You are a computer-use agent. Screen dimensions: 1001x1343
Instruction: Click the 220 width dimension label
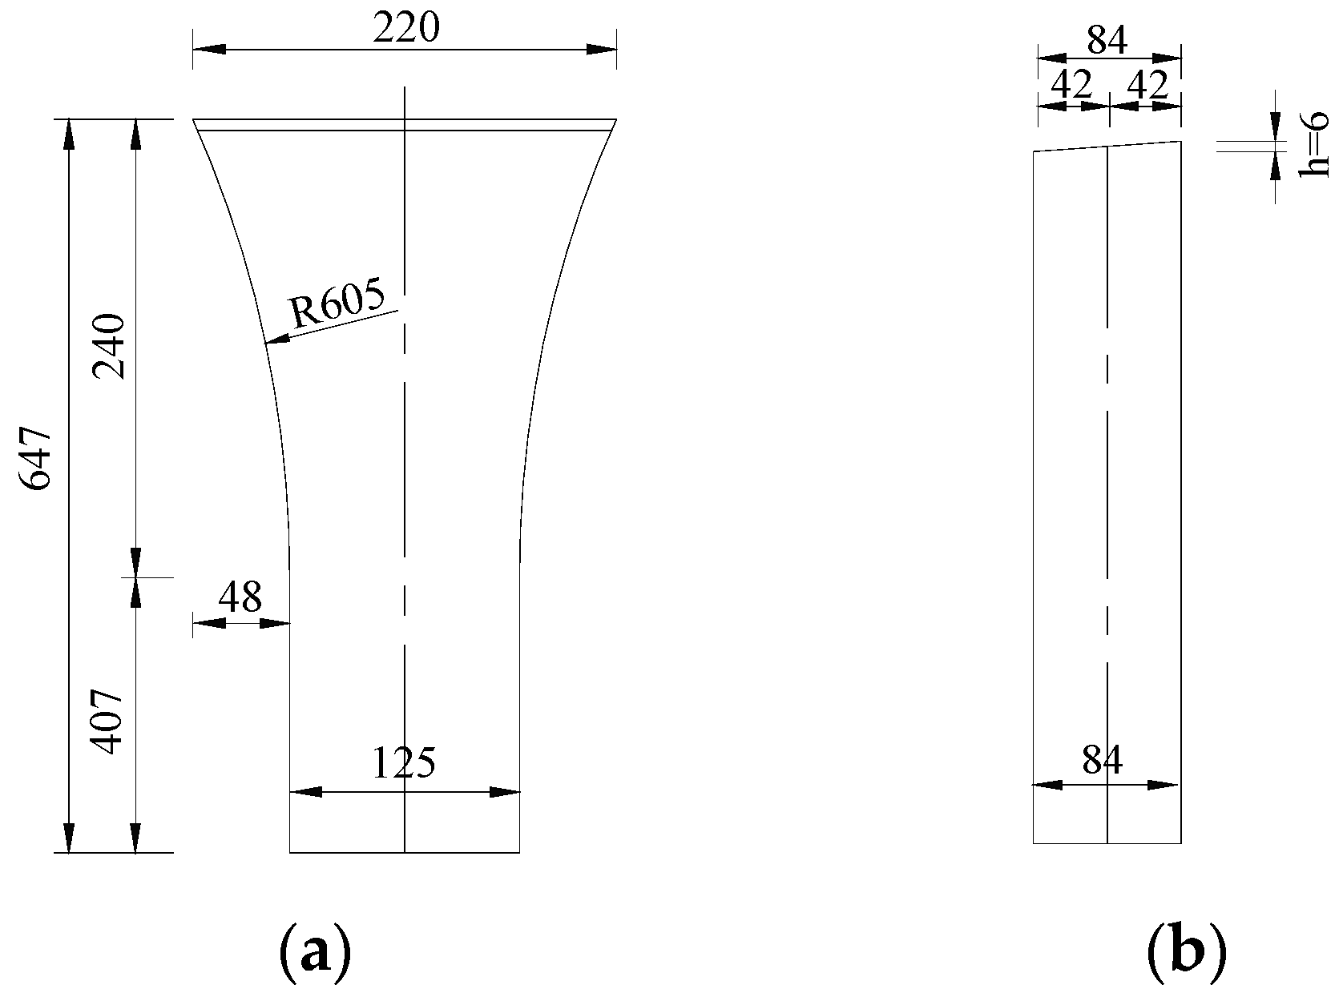click(x=406, y=30)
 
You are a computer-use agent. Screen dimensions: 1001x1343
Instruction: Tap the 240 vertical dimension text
click(x=109, y=347)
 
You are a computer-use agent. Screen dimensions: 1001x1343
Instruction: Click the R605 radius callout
click(x=337, y=304)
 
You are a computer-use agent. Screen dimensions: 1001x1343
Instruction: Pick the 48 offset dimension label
click(x=240, y=597)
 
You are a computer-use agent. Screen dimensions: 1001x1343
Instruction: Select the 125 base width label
click(x=404, y=763)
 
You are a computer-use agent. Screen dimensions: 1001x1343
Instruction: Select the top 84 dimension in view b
click(x=1107, y=40)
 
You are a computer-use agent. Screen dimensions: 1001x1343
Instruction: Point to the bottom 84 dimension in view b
click(x=1103, y=761)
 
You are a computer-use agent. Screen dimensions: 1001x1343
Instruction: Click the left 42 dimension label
click(x=1071, y=86)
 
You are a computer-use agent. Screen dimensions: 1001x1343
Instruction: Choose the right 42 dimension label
click(x=1147, y=86)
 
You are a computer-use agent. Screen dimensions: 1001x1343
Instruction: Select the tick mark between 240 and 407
click(x=136, y=577)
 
